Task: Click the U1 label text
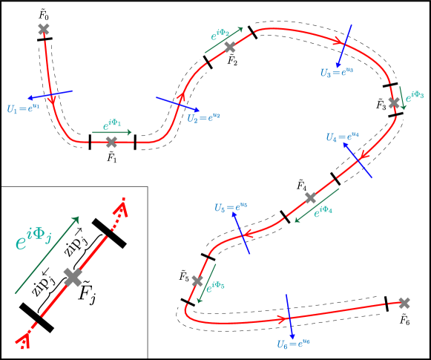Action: click(22, 109)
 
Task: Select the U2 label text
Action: click(203, 117)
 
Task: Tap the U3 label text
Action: click(336, 73)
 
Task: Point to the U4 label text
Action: click(342, 137)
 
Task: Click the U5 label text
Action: click(230, 208)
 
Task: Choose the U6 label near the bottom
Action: click(293, 344)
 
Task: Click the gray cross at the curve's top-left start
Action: click(44, 29)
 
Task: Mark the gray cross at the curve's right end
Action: click(404, 302)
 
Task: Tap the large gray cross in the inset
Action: click(73, 277)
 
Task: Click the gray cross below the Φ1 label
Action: click(111, 142)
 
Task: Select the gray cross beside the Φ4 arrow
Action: click(310, 197)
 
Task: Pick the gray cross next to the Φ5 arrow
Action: click(197, 281)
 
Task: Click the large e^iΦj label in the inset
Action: click(33, 240)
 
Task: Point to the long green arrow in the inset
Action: click(46, 255)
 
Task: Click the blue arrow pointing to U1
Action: click(50, 95)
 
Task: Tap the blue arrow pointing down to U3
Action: click(345, 46)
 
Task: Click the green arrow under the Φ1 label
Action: click(112, 133)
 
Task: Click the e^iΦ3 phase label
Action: click(414, 95)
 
